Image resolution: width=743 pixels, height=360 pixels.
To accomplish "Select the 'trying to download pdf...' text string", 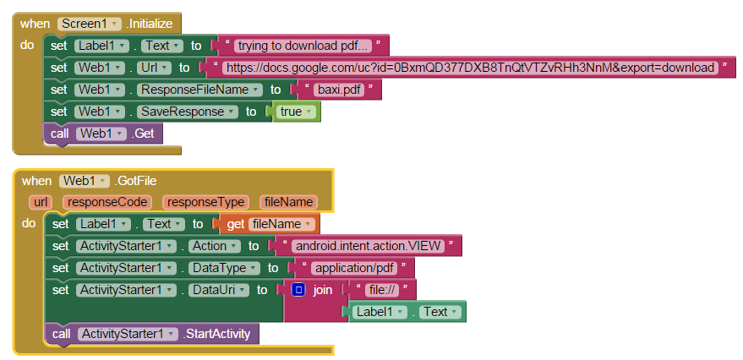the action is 303,46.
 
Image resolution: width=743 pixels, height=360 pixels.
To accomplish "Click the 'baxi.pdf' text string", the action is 336,90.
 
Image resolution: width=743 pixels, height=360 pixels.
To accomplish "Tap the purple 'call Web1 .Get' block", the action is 102,134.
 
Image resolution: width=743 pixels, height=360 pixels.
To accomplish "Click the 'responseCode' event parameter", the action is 110,202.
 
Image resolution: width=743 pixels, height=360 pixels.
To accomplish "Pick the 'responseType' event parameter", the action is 206,202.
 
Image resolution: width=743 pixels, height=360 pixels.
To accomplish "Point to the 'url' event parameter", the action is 40,202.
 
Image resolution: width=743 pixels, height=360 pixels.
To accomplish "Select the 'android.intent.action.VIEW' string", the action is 368,246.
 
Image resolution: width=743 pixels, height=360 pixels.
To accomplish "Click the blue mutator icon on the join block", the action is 298,290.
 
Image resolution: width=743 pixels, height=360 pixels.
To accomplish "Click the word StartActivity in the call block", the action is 217,334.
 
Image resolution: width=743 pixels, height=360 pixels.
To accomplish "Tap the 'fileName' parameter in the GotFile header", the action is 289,202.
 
